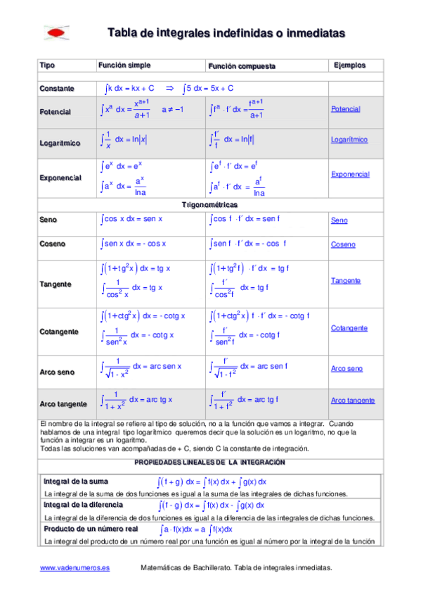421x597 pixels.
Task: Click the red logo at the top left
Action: point(57,32)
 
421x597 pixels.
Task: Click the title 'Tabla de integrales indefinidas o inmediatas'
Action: point(226,32)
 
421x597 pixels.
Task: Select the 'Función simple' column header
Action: point(124,65)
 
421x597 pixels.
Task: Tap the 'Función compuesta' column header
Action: point(241,66)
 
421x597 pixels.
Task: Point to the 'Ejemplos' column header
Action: point(349,65)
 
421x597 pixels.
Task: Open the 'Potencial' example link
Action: point(345,109)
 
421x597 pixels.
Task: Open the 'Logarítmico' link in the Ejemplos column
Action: point(349,140)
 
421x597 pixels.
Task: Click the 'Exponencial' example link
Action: point(350,174)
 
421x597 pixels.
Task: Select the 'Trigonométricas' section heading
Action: point(211,204)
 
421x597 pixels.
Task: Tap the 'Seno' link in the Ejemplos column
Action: point(339,220)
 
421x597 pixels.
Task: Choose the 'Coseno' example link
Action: point(343,244)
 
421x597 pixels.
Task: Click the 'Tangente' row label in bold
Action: point(56,284)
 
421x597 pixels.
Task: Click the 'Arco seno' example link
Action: point(346,368)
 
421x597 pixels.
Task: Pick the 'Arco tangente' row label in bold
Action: point(63,404)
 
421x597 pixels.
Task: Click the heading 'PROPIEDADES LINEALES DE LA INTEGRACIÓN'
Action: point(210,462)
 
